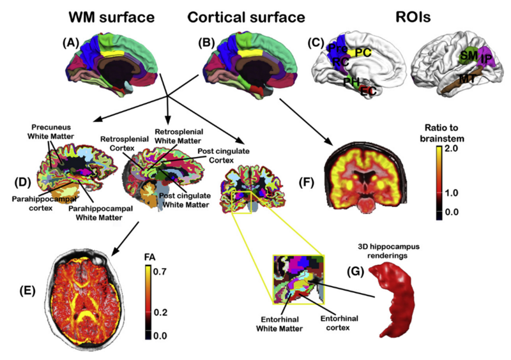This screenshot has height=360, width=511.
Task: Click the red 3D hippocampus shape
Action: point(395,299)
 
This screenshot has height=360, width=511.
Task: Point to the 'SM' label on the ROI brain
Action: point(468,57)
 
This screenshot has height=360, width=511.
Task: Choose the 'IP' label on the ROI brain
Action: point(487,59)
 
